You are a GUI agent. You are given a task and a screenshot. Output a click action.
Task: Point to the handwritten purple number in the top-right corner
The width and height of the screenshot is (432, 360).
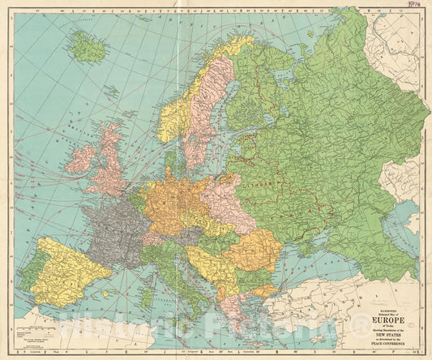click(419, 6)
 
